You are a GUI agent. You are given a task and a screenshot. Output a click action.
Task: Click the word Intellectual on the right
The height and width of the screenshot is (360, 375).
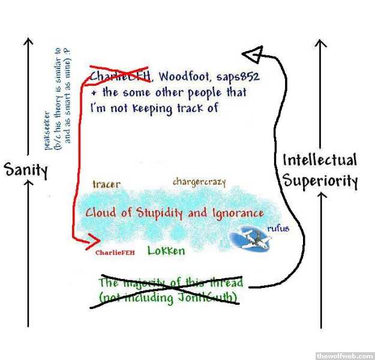(319, 161)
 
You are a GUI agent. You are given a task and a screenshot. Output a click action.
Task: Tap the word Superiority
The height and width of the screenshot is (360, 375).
(320, 181)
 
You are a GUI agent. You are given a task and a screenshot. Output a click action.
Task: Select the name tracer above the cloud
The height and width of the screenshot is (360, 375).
(106, 184)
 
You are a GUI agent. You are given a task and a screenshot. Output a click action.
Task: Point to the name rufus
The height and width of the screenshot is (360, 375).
(279, 227)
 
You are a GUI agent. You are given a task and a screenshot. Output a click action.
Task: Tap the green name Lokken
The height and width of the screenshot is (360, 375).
(166, 251)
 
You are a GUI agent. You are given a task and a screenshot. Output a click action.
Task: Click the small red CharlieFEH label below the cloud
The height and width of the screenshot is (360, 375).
(115, 253)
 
